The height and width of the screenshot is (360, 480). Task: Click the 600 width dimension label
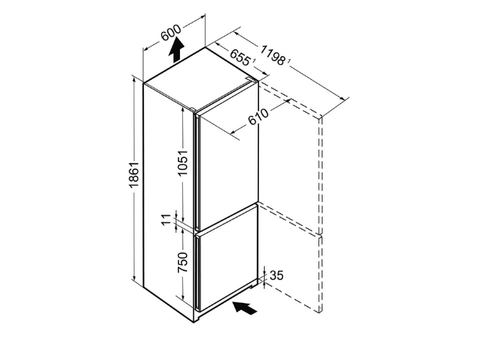pos(171,32)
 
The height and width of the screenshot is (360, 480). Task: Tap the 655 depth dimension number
pos(240,57)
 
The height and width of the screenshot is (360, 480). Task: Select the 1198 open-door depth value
pos(272,55)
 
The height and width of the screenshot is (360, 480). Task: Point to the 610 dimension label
pos(258,116)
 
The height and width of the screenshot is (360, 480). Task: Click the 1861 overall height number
pos(134,175)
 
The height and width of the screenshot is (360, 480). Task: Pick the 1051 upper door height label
pos(183,163)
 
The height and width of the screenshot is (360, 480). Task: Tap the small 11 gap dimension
pos(167,220)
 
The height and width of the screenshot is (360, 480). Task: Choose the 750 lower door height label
pos(183,263)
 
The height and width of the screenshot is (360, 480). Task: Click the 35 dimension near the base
pos(277,275)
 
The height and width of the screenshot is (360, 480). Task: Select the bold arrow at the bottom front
pos(245,307)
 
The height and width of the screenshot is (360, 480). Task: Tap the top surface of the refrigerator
pos(200,80)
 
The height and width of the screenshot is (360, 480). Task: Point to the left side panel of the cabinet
pos(169,202)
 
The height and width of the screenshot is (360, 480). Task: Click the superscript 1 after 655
pos(254,61)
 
